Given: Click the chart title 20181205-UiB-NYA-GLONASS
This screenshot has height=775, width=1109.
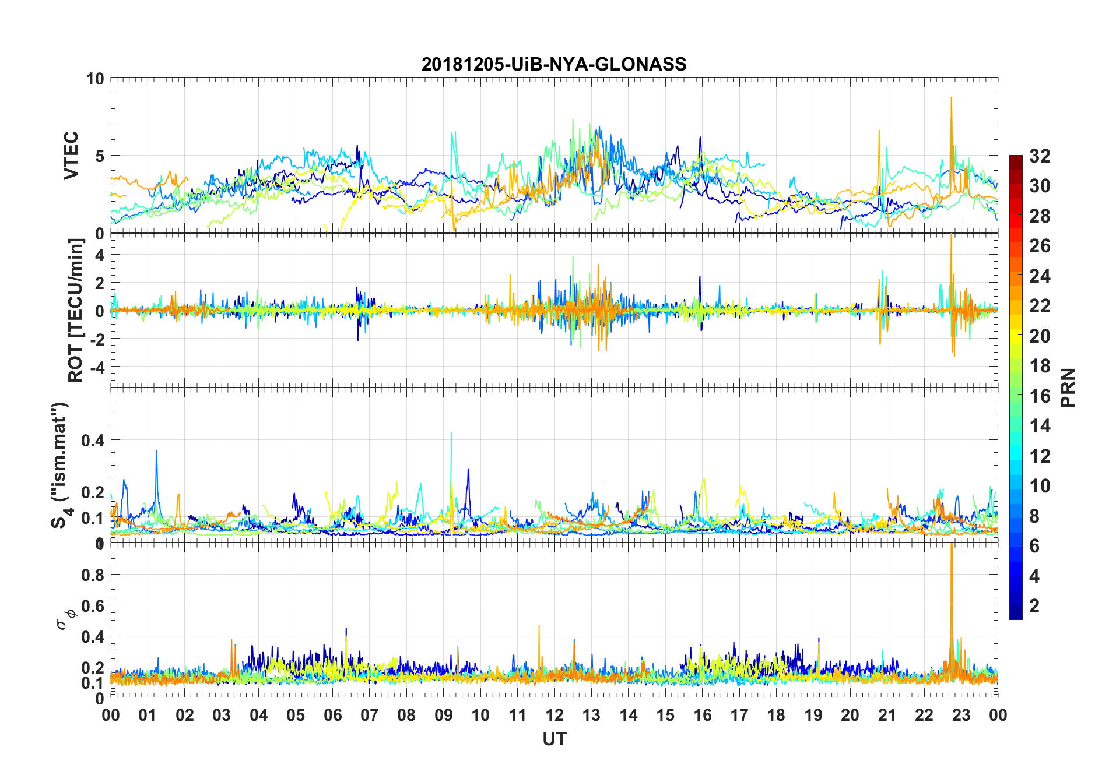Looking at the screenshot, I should click(x=554, y=64).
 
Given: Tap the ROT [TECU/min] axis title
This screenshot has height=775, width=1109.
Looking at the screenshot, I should click(x=76, y=310).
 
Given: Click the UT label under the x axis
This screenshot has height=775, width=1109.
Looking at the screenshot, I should click(x=554, y=739).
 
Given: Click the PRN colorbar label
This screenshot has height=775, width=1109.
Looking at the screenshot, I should click(x=1068, y=388).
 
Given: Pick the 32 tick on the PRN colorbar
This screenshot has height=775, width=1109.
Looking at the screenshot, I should click(x=1040, y=156).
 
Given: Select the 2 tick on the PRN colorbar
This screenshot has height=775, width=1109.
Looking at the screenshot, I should click(x=1034, y=606).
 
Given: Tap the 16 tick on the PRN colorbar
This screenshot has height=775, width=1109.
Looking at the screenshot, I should click(x=1040, y=396).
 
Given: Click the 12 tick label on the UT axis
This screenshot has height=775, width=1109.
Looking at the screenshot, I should click(x=554, y=715).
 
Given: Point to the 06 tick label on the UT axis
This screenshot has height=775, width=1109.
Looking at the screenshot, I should click(x=332, y=715).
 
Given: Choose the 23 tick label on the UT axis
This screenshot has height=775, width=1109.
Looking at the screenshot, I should click(x=961, y=715).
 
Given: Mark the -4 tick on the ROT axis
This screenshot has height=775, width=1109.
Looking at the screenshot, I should click(x=96, y=367).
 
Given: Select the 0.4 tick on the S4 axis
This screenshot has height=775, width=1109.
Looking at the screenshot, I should click(x=93, y=440).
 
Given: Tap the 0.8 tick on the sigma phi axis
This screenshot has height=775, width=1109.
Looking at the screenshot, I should click(x=93, y=575).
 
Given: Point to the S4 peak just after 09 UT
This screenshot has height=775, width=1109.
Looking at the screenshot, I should click(x=451, y=434).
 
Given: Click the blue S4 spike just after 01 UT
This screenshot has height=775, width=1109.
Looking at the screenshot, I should click(x=156, y=452).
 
